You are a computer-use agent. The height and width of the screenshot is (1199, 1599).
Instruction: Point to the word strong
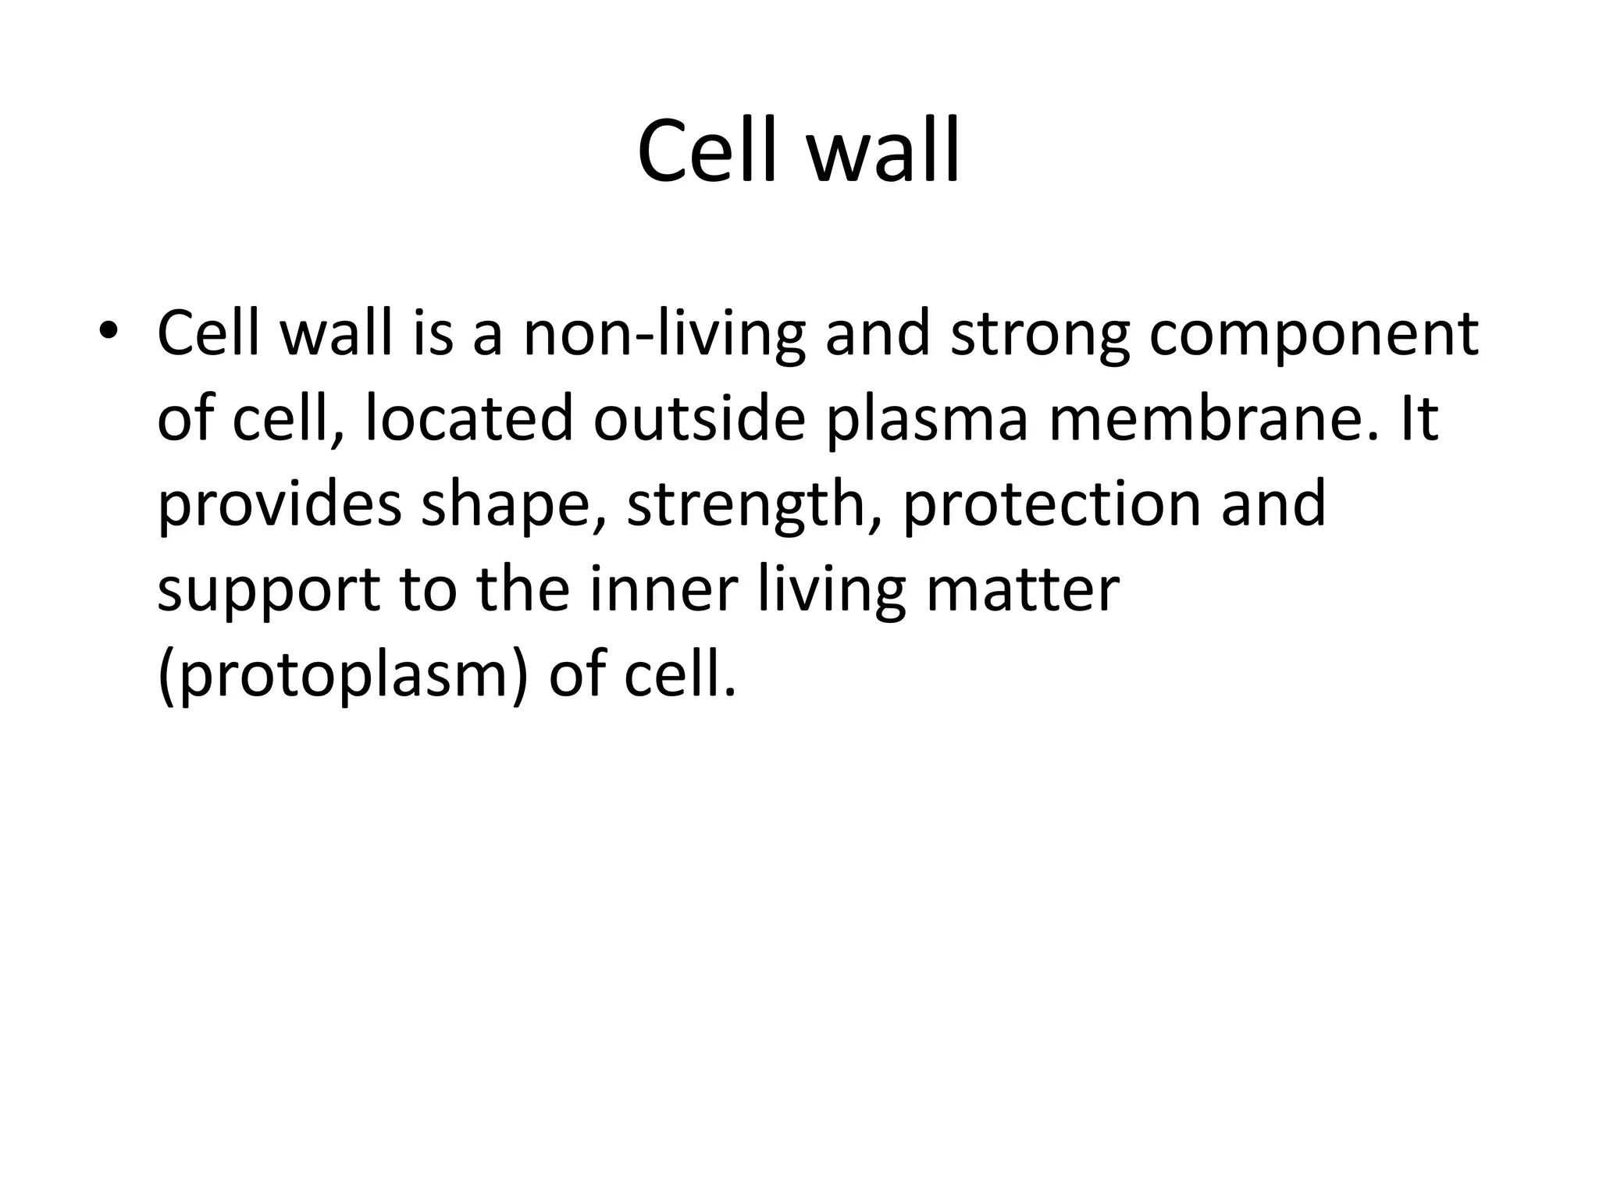click(x=1039, y=334)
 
